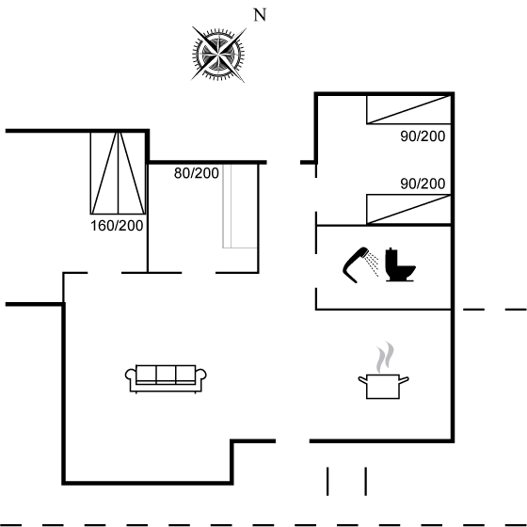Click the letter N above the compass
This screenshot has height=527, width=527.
(260, 15)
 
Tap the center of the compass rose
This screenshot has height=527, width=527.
(218, 54)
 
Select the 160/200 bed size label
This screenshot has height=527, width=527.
(117, 226)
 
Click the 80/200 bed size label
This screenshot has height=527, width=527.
(197, 173)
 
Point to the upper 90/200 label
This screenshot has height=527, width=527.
(423, 136)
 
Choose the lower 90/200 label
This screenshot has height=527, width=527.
(423, 184)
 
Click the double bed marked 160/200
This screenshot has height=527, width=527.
(118, 173)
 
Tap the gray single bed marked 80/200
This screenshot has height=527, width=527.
(240, 206)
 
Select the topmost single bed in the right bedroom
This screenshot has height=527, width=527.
(408, 110)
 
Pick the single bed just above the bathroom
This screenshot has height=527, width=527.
(408, 209)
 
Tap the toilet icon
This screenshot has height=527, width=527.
(400, 264)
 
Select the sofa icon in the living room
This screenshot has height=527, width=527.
(166, 378)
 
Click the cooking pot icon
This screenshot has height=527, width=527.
(383, 387)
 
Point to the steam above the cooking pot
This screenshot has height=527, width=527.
(385, 357)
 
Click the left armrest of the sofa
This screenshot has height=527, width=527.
(131, 375)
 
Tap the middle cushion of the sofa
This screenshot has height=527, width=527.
(166, 374)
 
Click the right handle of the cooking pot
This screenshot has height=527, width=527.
(404, 380)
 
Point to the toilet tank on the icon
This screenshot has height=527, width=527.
(391, 258)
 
